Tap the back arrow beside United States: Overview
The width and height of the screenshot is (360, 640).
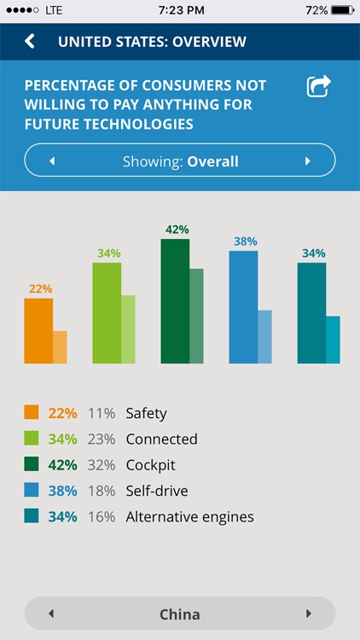click(30, 41)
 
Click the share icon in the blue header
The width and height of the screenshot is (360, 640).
click(318, 86)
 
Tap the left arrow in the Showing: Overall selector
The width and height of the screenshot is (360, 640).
click(52, 161)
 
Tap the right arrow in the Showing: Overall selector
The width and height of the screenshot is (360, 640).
click(307, 161)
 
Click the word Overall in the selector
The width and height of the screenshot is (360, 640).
click(212, 161)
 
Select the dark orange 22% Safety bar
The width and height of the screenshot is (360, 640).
click(38, 331)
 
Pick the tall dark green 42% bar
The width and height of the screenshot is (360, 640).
click(175, 301)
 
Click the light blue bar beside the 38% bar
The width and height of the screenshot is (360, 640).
click(264, 337)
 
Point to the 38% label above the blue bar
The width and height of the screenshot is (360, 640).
click(245, 241)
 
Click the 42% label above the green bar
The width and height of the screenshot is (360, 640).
click(177, 230)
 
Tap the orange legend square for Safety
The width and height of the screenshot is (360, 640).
click(32, 413)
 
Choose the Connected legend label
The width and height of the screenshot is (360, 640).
click(161, 439)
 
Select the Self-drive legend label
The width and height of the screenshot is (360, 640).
click(156, 491)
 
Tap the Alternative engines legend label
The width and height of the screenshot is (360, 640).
click(189, 516)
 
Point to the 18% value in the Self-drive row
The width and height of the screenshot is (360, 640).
click(101, 491)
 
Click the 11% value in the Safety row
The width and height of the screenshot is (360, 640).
click(101, 413)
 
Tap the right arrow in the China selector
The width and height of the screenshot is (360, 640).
click(307, 614)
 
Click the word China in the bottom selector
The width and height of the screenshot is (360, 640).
click(179, 614)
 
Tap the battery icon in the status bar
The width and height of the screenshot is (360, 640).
click(342, 9)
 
